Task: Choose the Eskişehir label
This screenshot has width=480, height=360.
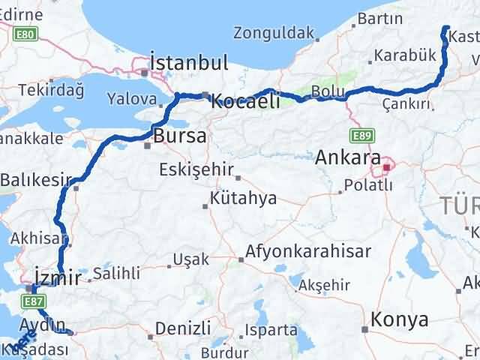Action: click(x=196, y=169)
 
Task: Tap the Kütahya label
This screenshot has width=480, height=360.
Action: click(x=244, y=199)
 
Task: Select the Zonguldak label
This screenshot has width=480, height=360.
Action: click(x=272, y=32)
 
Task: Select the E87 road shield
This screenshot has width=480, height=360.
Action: click(x=32, y=301)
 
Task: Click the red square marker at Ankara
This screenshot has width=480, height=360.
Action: click(x=387, y=166)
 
